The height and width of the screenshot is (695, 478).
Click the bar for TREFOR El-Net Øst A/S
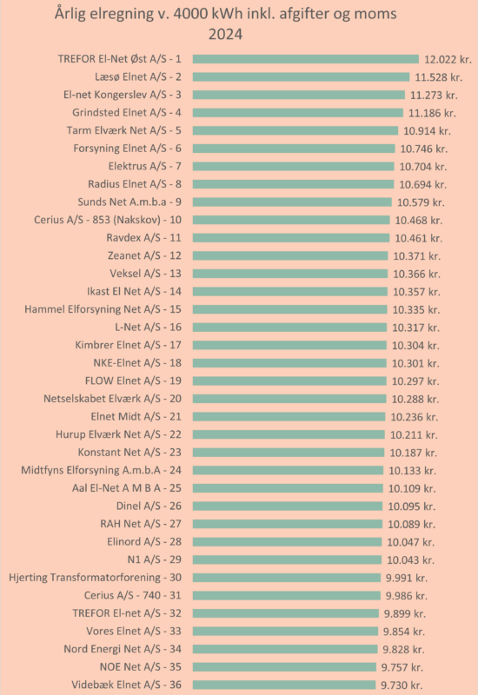(306, 59)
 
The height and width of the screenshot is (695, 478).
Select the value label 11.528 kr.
(439, 77)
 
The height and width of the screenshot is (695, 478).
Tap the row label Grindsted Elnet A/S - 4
(127, 113)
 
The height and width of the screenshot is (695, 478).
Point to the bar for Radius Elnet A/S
(293, 184)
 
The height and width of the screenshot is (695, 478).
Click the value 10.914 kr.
(427, 131)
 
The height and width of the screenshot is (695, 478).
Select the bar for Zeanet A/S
(290, 255)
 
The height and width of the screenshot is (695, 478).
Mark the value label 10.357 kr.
(417, 292)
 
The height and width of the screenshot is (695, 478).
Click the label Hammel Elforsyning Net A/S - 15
(103, 309)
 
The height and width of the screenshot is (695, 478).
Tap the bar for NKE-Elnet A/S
(289, 363)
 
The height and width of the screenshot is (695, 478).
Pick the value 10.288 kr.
(415, 400)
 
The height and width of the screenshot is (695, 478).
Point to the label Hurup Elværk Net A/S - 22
(118, 434)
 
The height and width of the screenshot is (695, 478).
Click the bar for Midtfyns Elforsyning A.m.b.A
(289, 470)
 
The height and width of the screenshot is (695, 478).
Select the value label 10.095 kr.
(412, 506)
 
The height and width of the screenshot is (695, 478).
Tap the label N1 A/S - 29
(155, 559)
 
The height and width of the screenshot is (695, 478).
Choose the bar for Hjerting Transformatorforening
(287, 578)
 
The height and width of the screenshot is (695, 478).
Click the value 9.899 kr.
(405, 614)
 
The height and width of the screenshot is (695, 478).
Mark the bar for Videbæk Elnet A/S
(284, 685)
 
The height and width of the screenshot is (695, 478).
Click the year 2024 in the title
(226, 34)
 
